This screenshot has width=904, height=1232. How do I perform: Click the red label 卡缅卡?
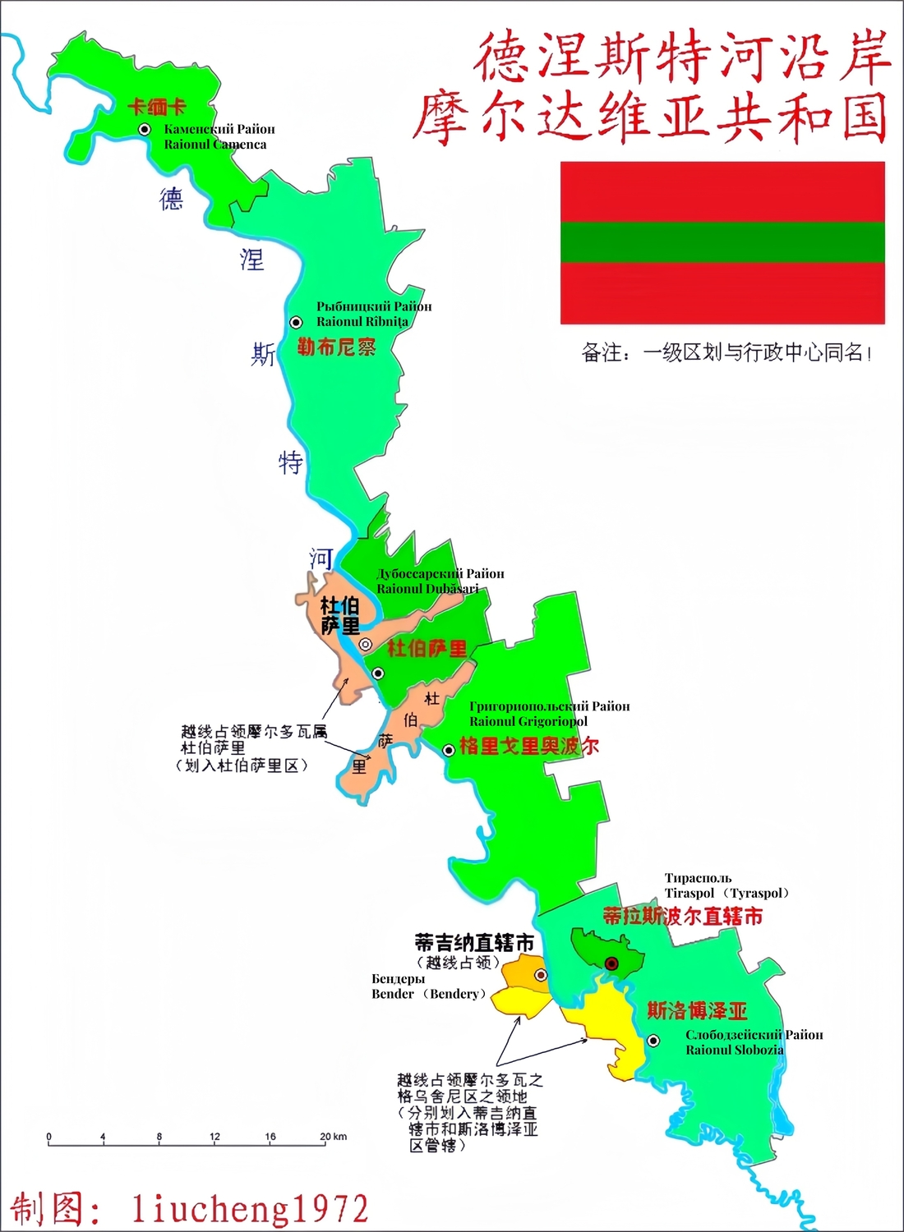click(x=157, y=107)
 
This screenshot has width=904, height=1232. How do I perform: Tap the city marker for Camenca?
click(x=145, y=129)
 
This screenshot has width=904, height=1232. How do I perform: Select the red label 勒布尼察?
click(x=336, y=347)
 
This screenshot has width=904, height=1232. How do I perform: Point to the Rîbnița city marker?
click(x=296, y=323)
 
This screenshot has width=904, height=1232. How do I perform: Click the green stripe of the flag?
click(x=722, y=241)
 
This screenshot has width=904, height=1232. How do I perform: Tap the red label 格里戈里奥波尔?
click(x=528, y=746)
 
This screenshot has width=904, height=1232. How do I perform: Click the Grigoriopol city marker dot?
click(x=449, y=750)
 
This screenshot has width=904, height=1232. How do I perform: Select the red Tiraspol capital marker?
click(x=611, y=963)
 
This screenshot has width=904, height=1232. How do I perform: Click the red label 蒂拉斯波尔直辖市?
click(x=682, y=916)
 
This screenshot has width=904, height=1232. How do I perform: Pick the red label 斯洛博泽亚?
click(x=697, y=1010)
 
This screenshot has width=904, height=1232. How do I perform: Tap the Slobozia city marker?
click(x=653, y=1041)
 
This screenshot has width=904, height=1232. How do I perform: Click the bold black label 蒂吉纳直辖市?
click(x=474, y=943)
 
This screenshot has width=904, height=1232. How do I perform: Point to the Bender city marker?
click(x=541, y=975)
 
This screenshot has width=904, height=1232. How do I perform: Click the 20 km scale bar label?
click(x=333, y=1137)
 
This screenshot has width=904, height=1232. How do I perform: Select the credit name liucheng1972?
click(x=250, y=1209)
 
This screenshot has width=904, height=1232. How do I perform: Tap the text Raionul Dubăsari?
click(x=427, y=588)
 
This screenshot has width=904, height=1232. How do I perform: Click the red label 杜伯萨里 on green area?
click(x=427, y=649)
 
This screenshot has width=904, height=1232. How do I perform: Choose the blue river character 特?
click(x=290, y=462)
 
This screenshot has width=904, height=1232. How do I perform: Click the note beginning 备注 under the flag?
click(x=726, y=353)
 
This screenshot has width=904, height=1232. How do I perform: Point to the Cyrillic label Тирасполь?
click(x=698, y=878)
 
